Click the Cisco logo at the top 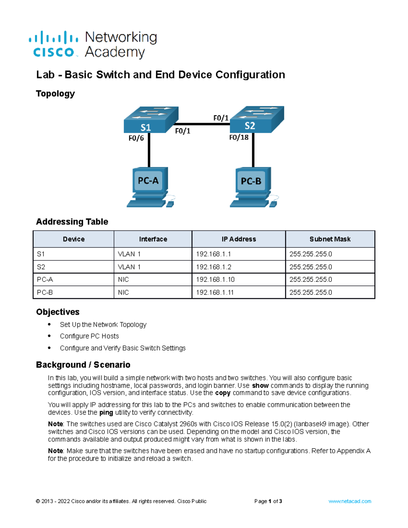click(x=54, y=45)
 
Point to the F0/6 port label click(x=136, y=138)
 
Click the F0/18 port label click(x=239, y=137)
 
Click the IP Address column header click(x=239, y=239)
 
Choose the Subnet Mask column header click(x=330, y=239)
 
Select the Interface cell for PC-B click(x=123, y=292)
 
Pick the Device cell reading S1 click(x=41, y=254)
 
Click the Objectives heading click(x=58, y=312)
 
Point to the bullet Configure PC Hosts click(x=89, y=336)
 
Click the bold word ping click(x=106, y=412)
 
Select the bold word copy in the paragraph click(x=223, y=393)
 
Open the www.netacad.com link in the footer click(x=350, y=501)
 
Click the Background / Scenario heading click(x=83, y=365)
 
